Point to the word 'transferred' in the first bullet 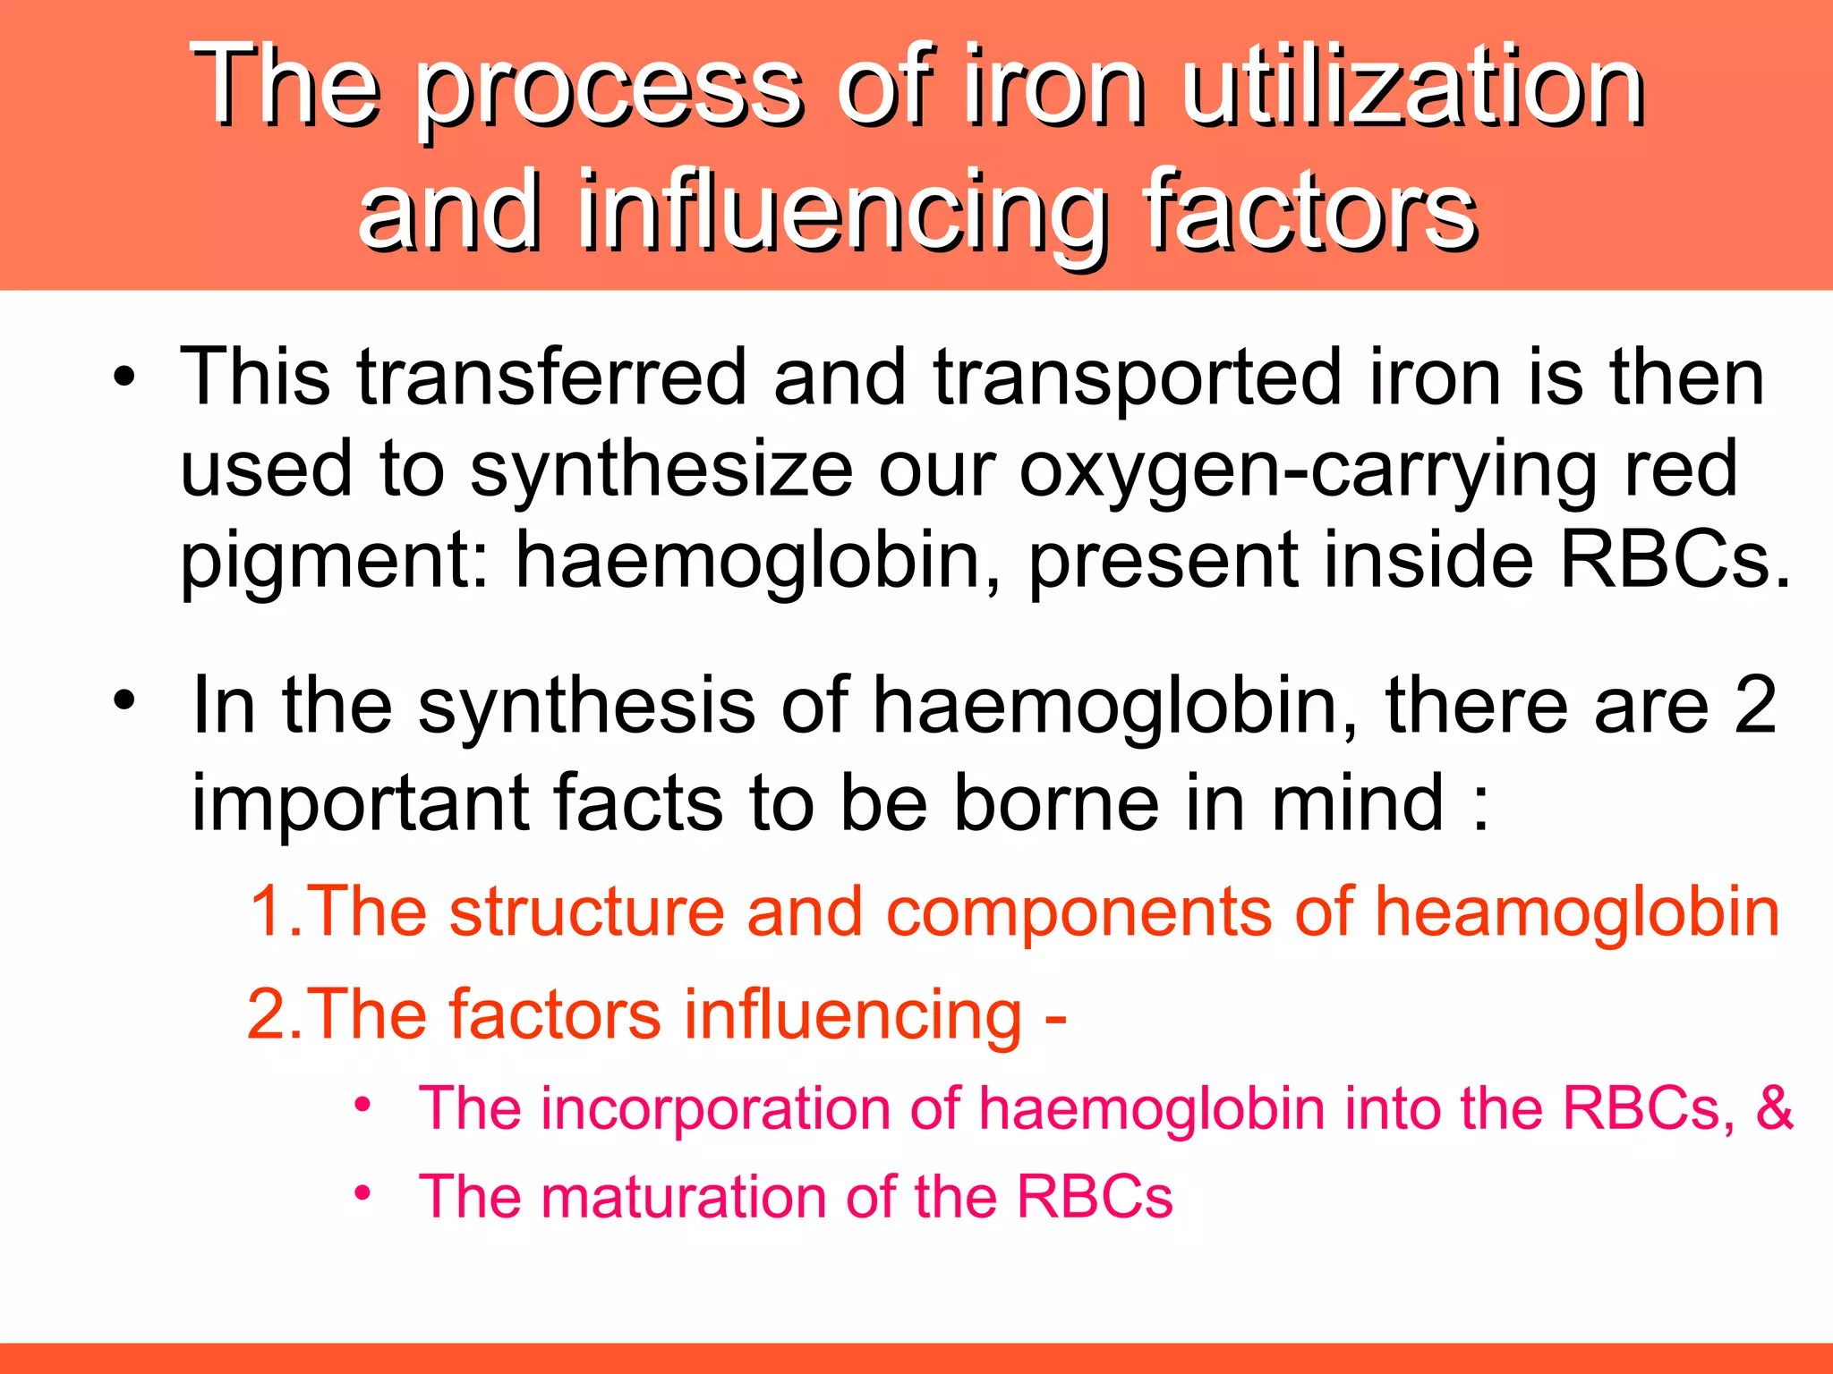(551, 377)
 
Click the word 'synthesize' (661, 470)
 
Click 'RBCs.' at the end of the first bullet (1675, 560)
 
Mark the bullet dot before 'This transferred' (124, 377)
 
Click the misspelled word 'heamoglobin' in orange (1576, 912)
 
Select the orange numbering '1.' (275, 912)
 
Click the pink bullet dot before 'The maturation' (362, 1193)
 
